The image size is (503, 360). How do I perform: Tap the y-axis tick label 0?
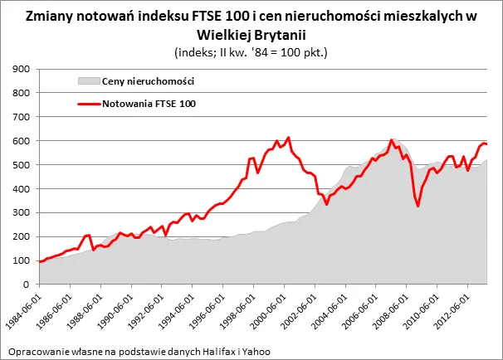(27, 285)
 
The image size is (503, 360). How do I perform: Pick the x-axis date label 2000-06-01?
(270, 309)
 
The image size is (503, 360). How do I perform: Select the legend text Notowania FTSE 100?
(149, 104)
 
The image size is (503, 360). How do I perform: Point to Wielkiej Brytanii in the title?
(251, 34)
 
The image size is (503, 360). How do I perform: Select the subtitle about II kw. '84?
(251, 51)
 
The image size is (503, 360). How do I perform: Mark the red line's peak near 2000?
(288, 138)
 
